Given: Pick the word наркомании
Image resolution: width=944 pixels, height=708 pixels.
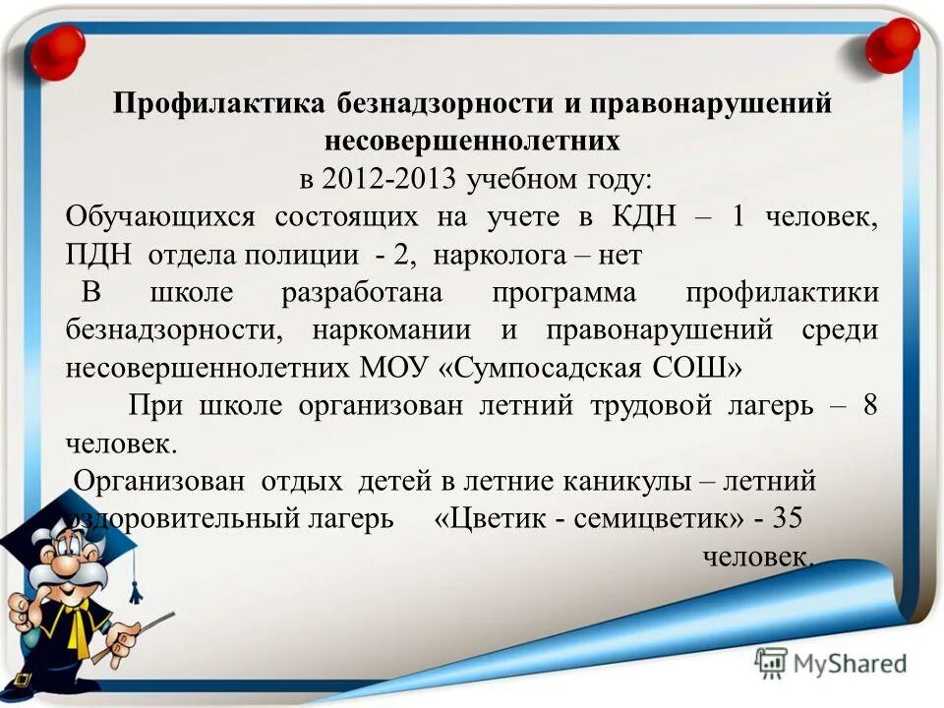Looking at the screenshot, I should pyautogui.click(x=391, y=330).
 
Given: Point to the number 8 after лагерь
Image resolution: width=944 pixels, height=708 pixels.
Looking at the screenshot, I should pyautogui.click(x=868, y=405).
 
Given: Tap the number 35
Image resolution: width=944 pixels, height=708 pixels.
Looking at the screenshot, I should pyautogui.click(x=788, y=517).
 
